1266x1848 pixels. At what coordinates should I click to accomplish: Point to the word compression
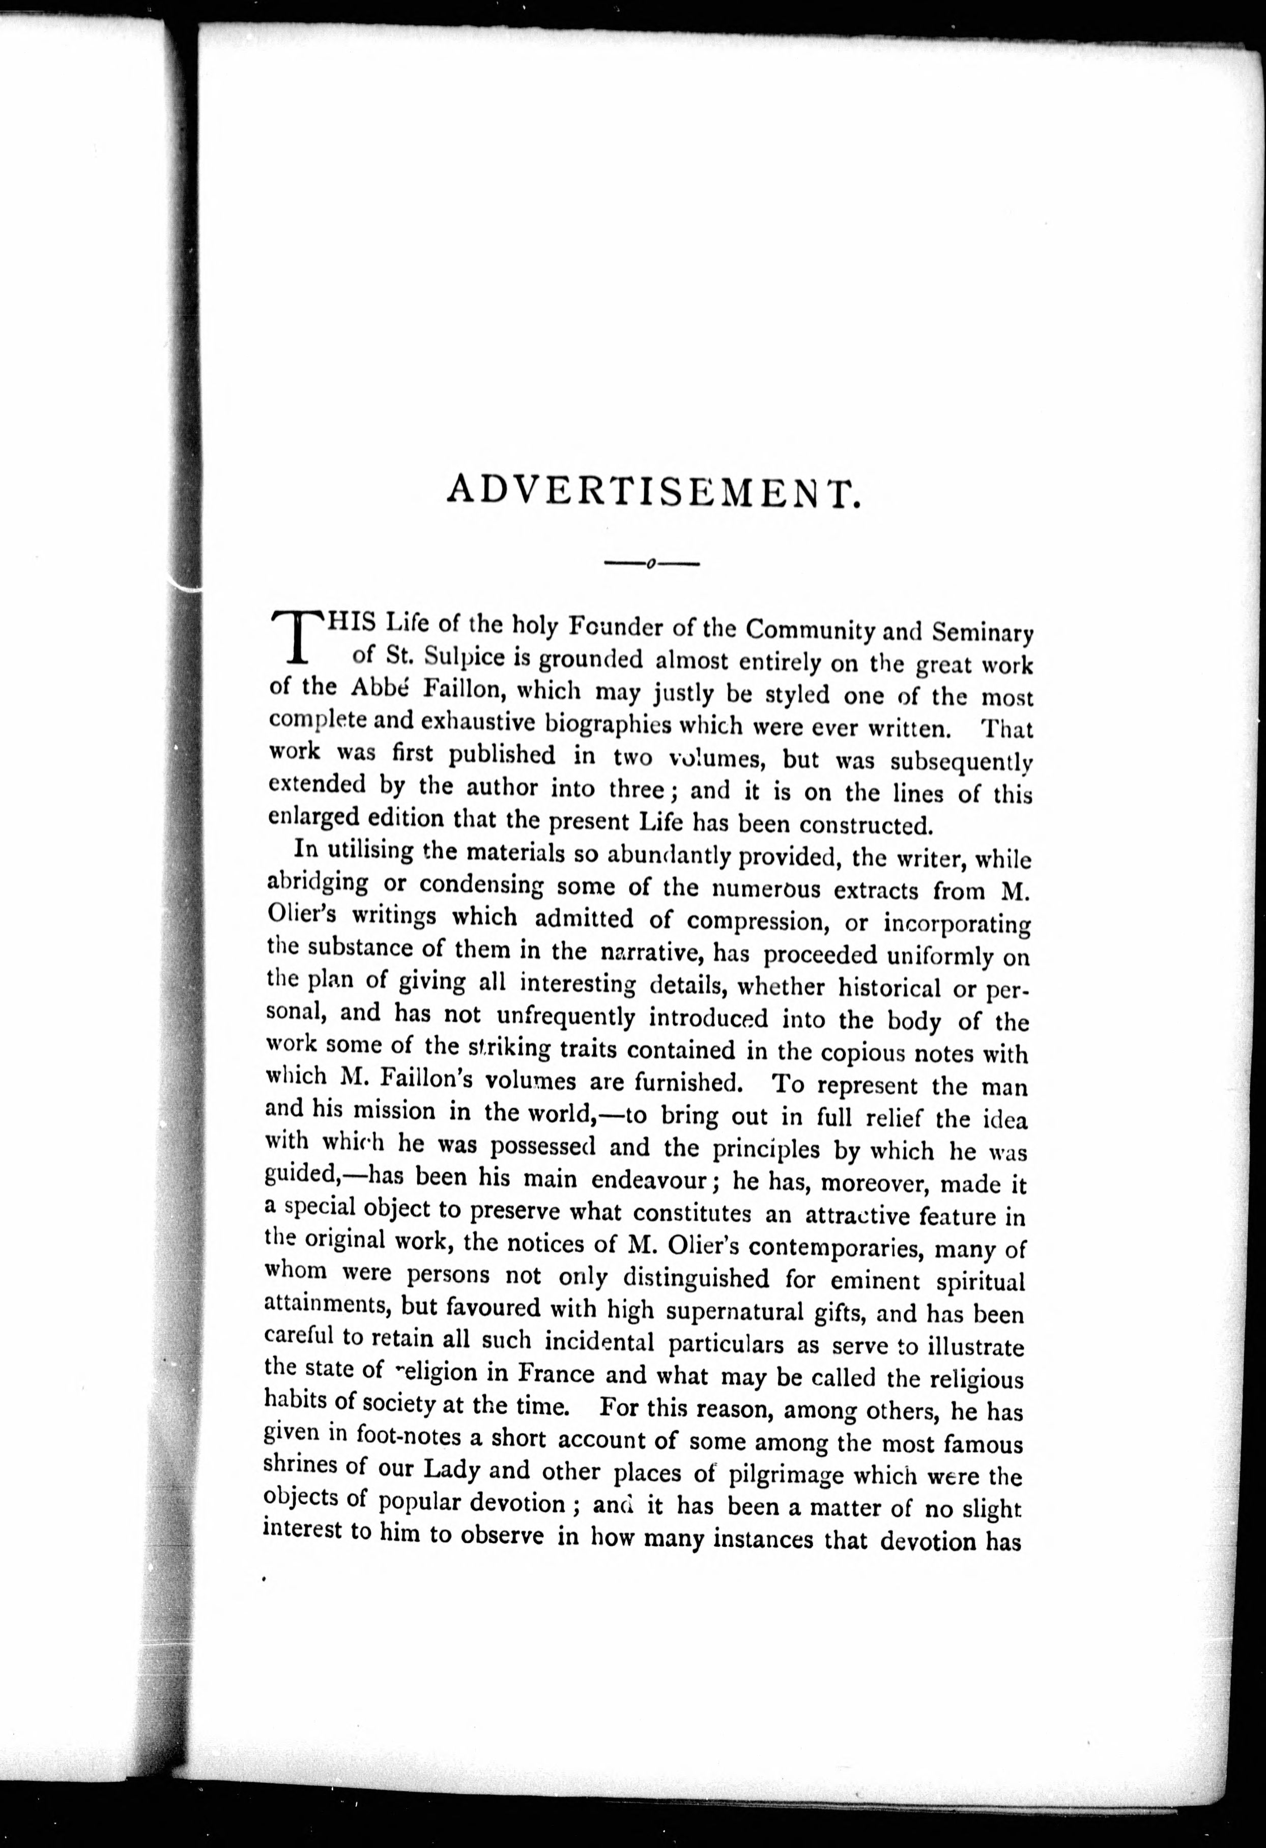click(x=754, y=921)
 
